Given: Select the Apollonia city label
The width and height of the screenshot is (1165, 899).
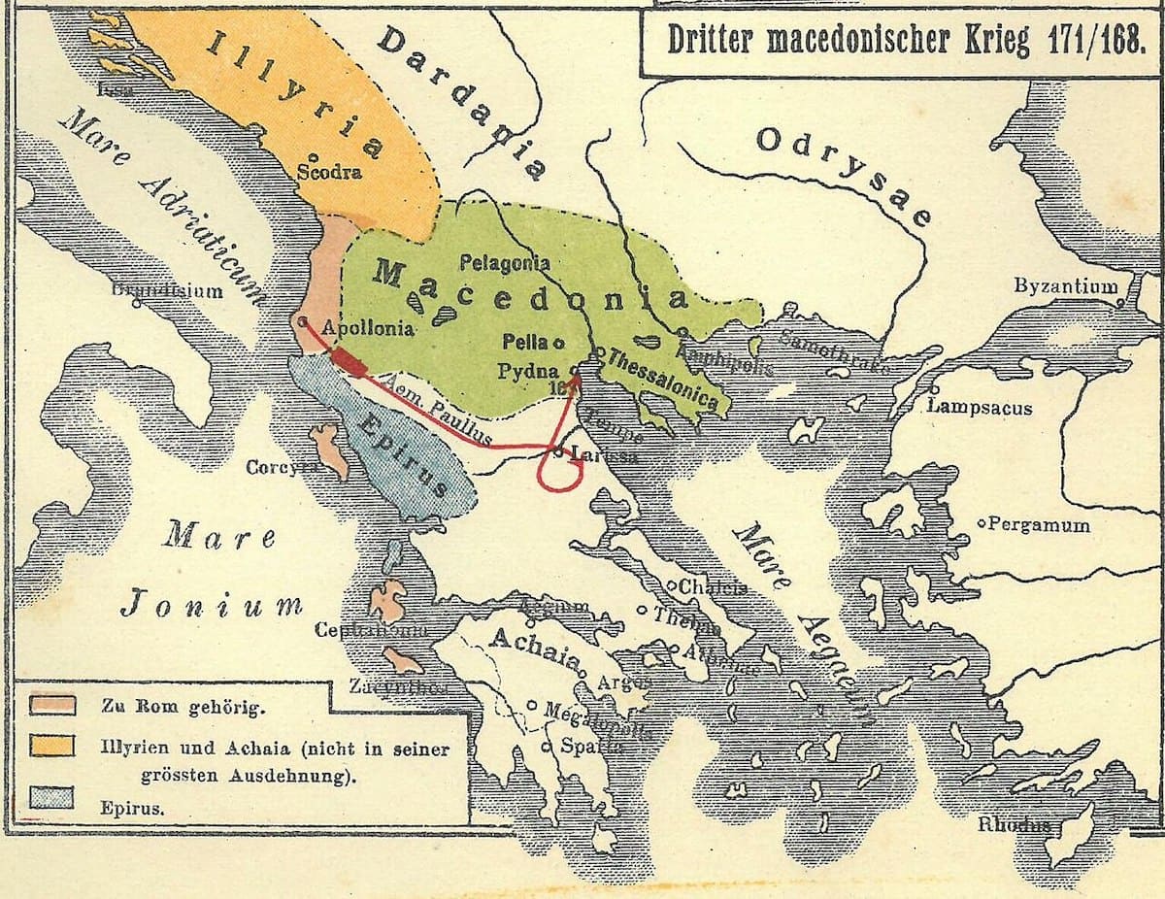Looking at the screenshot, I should (x=367, y=328).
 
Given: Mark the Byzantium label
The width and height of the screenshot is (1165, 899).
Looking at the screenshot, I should (x=1065, y=286).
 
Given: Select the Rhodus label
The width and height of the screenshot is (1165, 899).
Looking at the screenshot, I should (x=1015, y=825).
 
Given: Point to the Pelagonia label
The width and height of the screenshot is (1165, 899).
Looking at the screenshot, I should (x=505, y=262).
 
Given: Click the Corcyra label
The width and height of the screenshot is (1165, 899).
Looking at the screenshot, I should (x=282, y=467).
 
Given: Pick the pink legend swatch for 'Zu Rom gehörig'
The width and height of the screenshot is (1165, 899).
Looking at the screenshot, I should (x=52, y=705).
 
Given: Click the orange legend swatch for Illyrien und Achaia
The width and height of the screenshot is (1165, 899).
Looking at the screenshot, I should (x=52, y=746).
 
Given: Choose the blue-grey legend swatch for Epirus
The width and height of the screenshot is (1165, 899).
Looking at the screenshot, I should (x=52, y=798).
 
